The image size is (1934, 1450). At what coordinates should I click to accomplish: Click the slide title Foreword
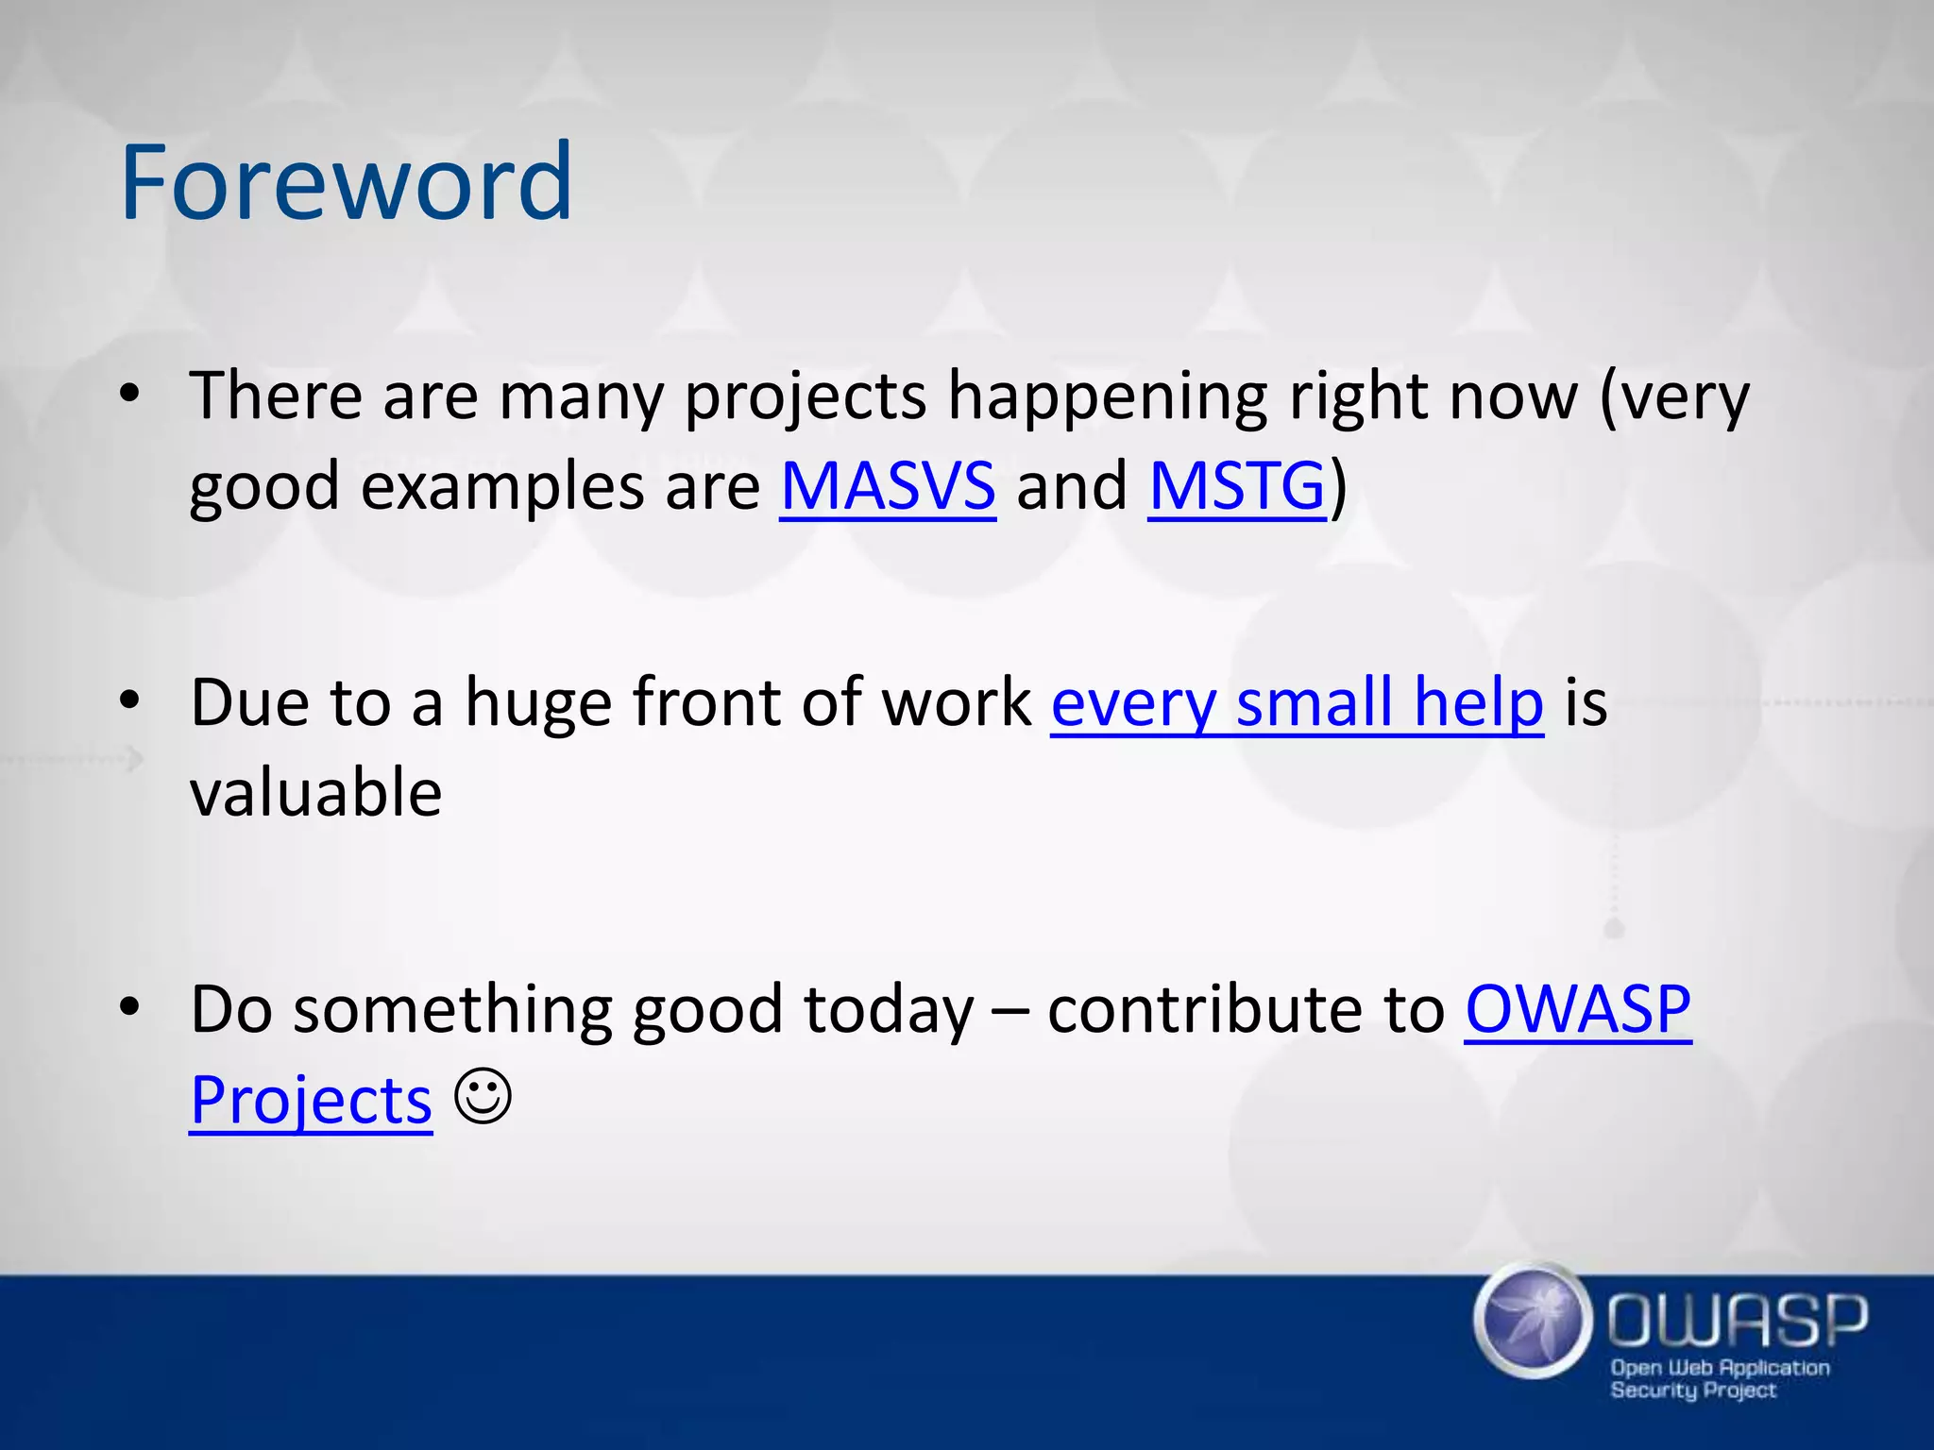[x=346, y=181]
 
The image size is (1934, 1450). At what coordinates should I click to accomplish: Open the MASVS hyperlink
[x=888, y=487]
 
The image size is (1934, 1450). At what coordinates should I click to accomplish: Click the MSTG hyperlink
[x=1237, y=487]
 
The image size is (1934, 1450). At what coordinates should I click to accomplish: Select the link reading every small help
[x=1297, y=703]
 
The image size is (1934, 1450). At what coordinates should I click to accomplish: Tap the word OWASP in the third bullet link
[x=1577, y=1010]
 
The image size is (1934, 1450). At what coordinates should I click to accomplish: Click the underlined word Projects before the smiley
[x=311, y=1101]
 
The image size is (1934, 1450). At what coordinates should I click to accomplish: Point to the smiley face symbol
[x=483, y=1096]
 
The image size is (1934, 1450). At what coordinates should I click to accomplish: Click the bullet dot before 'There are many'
[x=130, y=394]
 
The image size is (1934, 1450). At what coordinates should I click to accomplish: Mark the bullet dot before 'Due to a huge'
[x=130, y=700]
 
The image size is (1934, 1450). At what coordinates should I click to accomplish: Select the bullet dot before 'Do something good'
[x=130, y=1007]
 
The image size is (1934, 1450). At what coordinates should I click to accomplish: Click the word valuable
[x=315, y=793]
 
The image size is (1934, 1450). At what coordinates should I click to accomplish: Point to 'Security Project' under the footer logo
[x=1692, y=1390]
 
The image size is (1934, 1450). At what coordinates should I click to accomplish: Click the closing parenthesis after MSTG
[x=1338, y=487]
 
